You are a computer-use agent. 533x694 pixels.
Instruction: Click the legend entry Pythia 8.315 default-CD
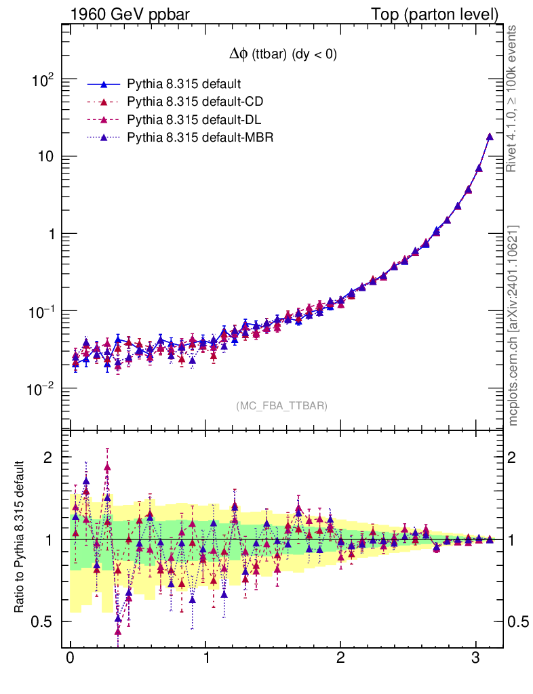pyautogui.click(x=195, y=102)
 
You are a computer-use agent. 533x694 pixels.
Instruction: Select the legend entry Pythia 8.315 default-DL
pyautogui.click(x=195, y=120)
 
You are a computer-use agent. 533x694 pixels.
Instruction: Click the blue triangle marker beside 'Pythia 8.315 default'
pyautogui.click(x=104, y=84)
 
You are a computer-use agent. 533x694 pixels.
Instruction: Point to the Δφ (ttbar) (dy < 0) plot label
pyautogui.click(x=282, y=56)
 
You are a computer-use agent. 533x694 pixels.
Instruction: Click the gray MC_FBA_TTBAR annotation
pyautogui.click(x=282, y=406)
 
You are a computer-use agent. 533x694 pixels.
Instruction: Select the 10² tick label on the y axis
pyautogui.click(x=44, y=79)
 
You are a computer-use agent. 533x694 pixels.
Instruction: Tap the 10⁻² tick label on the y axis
pyautogui.click(x=41, y=389)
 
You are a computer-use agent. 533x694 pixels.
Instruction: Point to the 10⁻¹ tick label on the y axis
pyautogui.click(x=41, y=312)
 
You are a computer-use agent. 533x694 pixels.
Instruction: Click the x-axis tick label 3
pyautogui.click(x=476, y=659)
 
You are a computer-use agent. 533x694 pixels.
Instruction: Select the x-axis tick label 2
pyautogui.click(x=340, y=659)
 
